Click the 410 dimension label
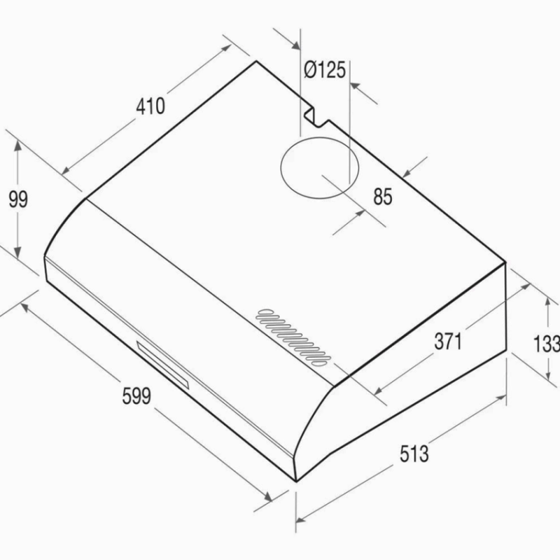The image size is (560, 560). pyautogui.click(x=150, y=106)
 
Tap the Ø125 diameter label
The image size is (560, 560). pyautogui.click(x=325, y=69)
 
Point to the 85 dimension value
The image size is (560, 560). pyautogui.click(x=383, y=197)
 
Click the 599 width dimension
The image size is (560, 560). pyautogui.click(x=136, y=395)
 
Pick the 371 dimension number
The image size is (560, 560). pyautogui.click(x=448, y=341)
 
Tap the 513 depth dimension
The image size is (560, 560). pyautogui.click(x=414, y=454)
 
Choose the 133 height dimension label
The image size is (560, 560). pyautogui.click(x=547, y=344)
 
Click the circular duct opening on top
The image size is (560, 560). pyautogui.click(x=320, y=137)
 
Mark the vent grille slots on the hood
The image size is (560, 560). pyautogui.click(x=293, y=337)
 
